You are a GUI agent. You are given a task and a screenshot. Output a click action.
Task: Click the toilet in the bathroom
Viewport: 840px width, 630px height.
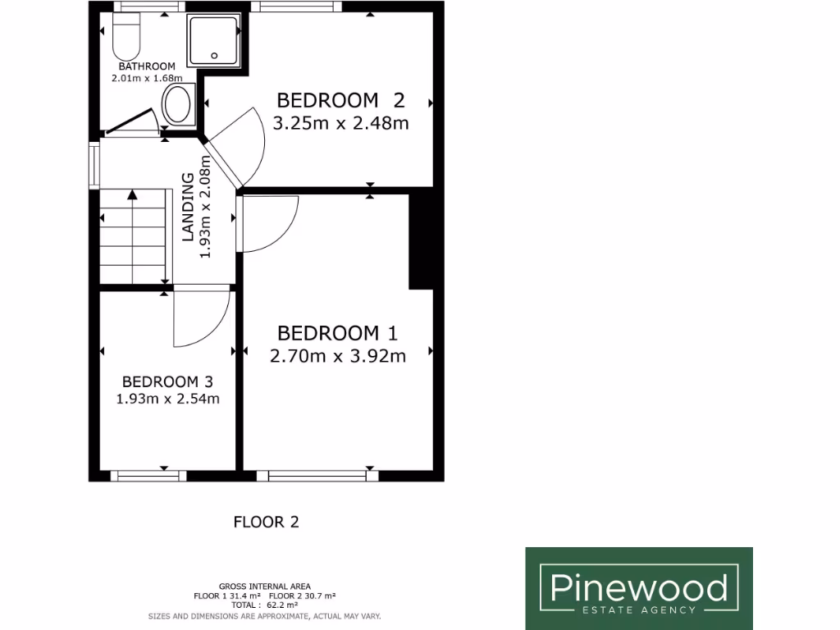pos(126,35)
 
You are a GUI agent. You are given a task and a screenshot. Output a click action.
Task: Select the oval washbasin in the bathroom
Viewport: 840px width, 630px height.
pos(177,105)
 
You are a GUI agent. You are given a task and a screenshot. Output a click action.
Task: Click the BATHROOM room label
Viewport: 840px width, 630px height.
pos(147,66)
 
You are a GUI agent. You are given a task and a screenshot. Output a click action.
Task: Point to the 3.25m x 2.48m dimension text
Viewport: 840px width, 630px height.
pos(340,123)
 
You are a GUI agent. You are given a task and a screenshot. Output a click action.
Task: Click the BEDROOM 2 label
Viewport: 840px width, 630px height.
pos(340,100)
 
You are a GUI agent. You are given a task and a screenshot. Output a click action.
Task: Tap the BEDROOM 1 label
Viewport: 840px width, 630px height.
pos(337,333)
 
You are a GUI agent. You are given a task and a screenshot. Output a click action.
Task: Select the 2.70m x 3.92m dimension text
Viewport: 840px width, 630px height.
pos(337,355)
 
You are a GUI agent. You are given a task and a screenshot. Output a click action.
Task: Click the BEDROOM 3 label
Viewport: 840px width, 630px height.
pos(167,381)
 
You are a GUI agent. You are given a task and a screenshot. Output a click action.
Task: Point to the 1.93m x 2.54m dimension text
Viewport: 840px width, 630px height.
pos(167,399)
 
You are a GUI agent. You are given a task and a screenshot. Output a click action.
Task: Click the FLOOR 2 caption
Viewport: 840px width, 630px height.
pos(267,522)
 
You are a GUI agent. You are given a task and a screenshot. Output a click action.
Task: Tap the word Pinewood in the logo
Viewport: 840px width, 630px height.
pos(638,587)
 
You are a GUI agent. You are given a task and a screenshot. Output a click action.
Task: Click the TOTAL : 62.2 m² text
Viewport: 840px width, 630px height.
pos(264,605)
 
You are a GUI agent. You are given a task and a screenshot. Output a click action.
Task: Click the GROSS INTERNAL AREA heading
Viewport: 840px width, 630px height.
pos(264,587)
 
